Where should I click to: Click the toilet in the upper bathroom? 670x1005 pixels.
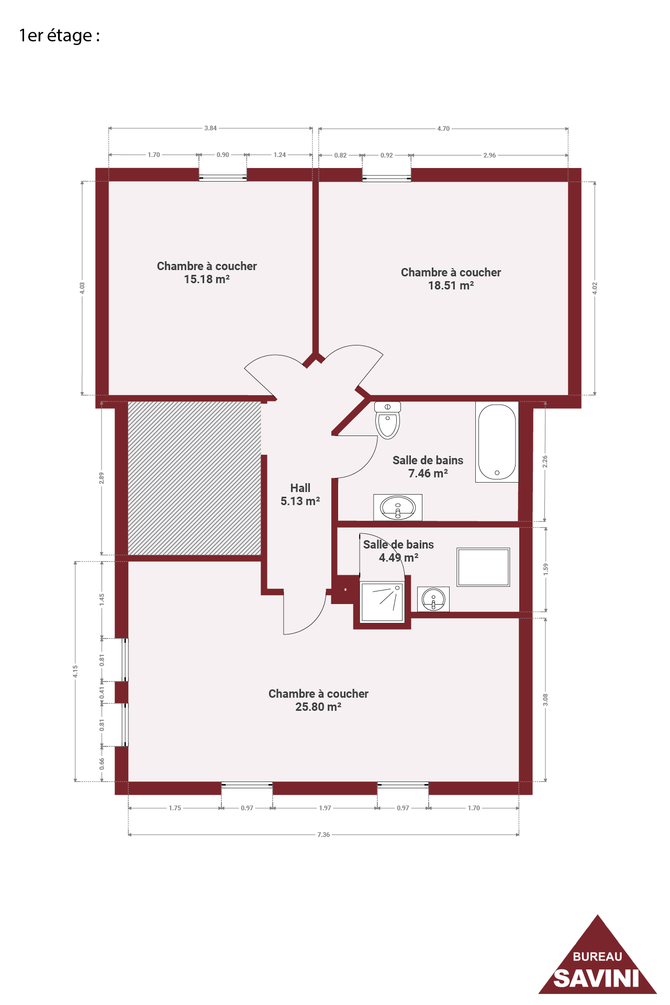[x=387, y=420]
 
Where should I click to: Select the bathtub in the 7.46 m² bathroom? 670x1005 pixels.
[x=497, y=442]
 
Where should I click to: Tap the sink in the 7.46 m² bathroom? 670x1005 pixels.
[x=398, y=507]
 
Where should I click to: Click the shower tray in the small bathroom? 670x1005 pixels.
[x=382, y=602]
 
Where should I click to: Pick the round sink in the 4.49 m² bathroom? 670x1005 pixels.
[x=433, y=599]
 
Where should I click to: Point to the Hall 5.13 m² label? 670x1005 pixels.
[x=300, y=495]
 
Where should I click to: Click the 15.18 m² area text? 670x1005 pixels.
[x=207, y=280]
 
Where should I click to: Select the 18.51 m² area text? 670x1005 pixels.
[x=451, y=286]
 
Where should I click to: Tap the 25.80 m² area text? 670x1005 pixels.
[x=318, y=707]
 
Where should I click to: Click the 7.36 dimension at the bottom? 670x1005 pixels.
[x=323, y=835]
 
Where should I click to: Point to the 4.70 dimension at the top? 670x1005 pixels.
[x=443, y=129]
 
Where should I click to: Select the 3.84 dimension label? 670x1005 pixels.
[x=210, y=128]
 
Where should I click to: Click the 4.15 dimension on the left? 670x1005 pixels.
[x=75, y=672]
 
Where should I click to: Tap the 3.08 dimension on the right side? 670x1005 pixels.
[x=545, y=700]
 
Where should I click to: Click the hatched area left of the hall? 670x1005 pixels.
[x=195, y=478]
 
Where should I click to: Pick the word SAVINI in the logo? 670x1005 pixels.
[x=597, y=978]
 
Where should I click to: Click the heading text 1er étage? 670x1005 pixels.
[x=59, y=36]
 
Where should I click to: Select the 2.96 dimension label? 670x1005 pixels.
[x=489, y=155]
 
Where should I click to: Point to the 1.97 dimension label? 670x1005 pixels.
[x=325, y=808]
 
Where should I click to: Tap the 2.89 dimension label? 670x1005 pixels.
[x=102, y=478]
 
